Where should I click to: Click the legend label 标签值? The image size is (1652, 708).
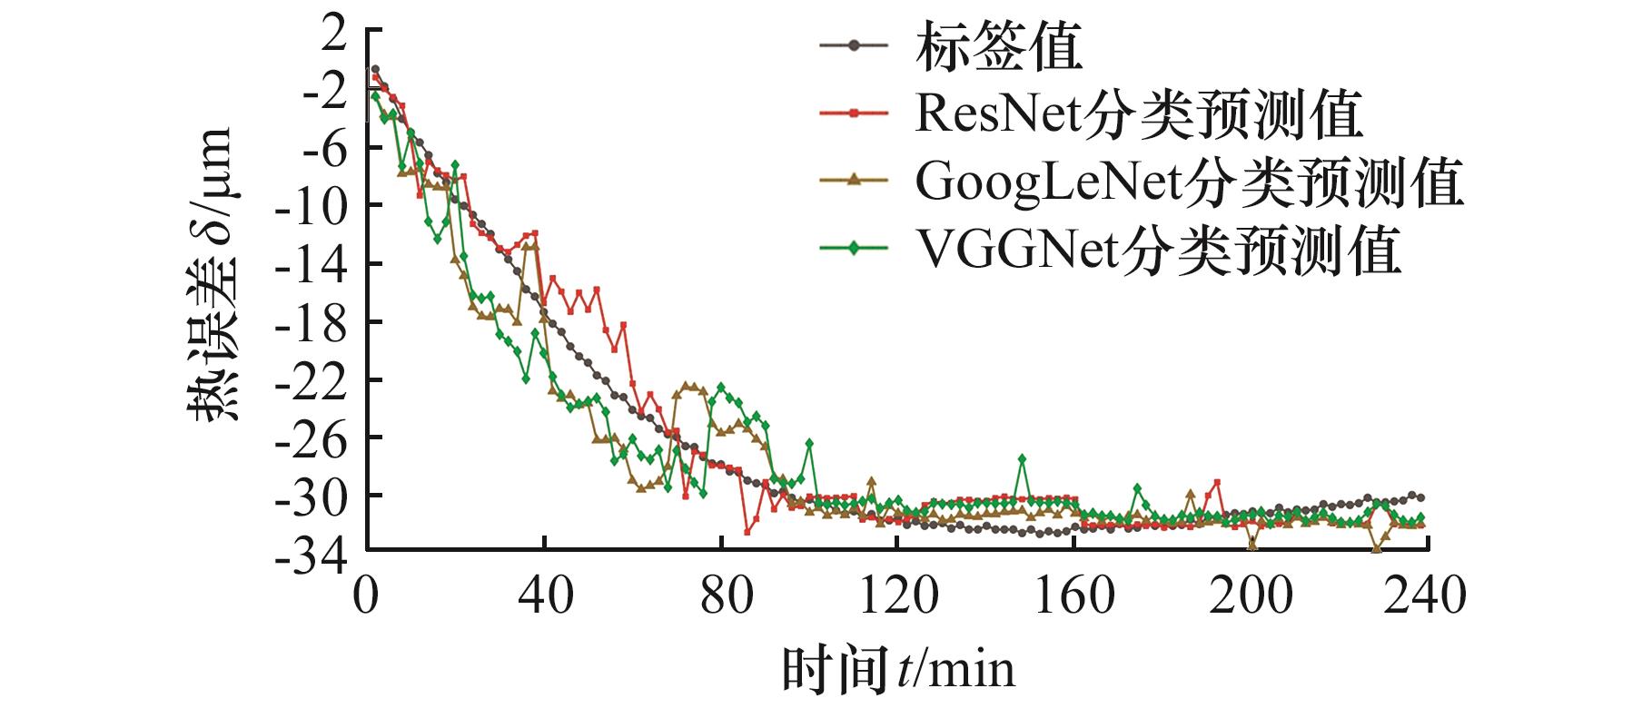(998, 47)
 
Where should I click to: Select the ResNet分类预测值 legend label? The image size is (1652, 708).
(1139, 114)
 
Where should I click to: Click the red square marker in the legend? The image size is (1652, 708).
(854, 113)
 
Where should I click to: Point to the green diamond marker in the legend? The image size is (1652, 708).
(854, 248)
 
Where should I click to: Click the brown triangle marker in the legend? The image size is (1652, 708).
(854, 181)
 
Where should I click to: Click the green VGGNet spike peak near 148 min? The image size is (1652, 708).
(1022, 458)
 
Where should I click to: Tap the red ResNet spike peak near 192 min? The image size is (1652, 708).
(1216, 482)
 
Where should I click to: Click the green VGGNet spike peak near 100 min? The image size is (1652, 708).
(809, 442)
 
